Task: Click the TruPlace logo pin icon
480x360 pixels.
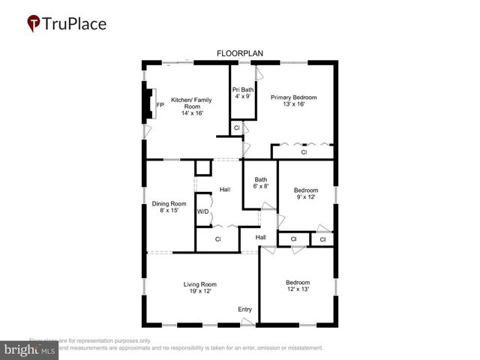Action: [34, 23]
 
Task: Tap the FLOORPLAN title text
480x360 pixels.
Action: [238, 53]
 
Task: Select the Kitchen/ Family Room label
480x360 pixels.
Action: [191, 100]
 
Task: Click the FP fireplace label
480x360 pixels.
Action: [160, 106]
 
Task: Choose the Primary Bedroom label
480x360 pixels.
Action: [294, 97]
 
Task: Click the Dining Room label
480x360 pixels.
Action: [169, 204]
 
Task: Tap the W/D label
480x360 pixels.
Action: [202, 211]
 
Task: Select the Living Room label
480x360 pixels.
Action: [200, 284]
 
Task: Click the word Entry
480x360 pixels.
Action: [245, 310]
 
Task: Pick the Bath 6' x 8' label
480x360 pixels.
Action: [261, 179]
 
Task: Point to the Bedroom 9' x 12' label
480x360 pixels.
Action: [305, 190]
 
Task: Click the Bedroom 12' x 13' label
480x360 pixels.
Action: [298, 283]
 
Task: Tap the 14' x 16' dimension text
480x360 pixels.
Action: [191, 112]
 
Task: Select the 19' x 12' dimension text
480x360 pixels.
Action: [200, 291]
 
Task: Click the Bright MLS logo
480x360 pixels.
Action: [30, 350]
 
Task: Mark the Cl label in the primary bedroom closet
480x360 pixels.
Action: [304, 152]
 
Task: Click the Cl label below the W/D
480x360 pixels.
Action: [217, 239]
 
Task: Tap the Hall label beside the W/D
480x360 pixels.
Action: [225, 190]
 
